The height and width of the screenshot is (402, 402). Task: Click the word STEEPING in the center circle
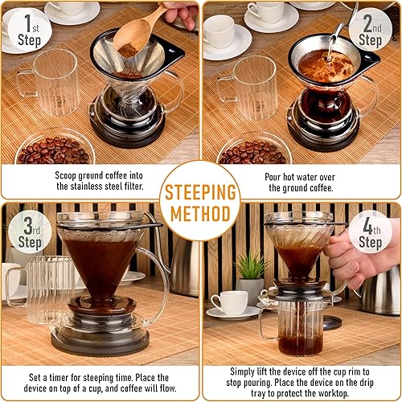click(200, 193)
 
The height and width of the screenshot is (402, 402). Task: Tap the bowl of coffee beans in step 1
click(55, 150)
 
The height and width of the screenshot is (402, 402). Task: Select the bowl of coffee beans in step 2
click(253, 150)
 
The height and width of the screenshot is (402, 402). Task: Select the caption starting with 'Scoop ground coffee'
click(101, 179)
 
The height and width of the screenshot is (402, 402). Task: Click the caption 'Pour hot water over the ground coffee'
click(301, 179)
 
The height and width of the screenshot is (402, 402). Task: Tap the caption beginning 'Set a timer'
click(101, 382)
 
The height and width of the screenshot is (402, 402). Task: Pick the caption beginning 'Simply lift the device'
click(301, 382)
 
